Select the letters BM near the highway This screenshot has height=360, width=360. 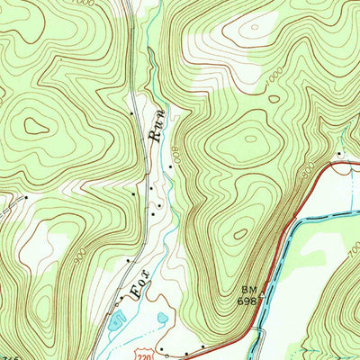click(x=248, y=291)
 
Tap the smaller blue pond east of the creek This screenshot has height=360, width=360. click(x=162, y=317)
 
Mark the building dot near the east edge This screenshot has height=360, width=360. click(x=339, y=154)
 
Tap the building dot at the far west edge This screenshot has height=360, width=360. click(x=26, y=196)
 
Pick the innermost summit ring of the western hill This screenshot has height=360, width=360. click(x=36, y=127)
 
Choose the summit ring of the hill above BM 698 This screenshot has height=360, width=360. click(x=239, y=234)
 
